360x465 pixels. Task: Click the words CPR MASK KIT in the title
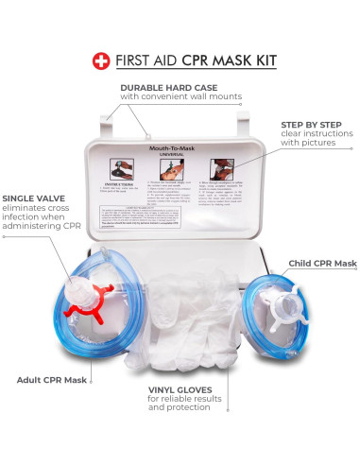click(x=227, y=60)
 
